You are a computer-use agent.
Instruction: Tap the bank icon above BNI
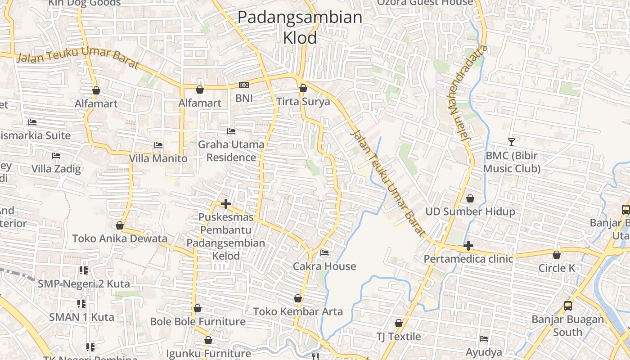244,85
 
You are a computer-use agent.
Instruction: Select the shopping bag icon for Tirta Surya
303,88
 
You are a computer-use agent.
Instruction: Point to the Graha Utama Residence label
231,151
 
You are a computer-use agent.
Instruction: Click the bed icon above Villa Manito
158,145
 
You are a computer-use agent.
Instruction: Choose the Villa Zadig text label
56,169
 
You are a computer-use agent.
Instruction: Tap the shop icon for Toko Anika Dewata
120,225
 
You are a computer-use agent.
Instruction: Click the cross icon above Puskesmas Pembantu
226,204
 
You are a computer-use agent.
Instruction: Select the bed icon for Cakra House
324,253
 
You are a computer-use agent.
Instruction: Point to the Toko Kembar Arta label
297,311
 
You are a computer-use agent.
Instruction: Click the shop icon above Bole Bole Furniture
197,309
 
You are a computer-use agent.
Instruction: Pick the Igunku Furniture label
208,354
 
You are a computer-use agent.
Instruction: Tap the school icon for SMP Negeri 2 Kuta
83,270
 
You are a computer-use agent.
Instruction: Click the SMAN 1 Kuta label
81,317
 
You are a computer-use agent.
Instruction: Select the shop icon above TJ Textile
398,323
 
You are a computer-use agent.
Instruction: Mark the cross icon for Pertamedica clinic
468,246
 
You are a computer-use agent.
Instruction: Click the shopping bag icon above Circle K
557,255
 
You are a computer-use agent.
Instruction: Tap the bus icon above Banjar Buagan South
568,306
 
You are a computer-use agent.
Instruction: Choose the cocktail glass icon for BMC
512,142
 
